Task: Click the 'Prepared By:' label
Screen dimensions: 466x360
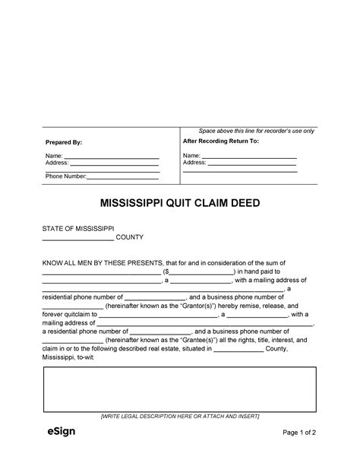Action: [x=63, y=142]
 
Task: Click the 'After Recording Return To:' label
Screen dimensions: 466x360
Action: [x=221, y=141]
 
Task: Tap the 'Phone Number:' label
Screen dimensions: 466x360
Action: [x=65, y=176]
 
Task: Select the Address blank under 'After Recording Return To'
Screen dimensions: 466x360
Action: [x=251, y=163]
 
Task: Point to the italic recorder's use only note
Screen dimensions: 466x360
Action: [x=256, y=132]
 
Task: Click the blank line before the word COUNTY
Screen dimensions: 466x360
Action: [x=77, y=239]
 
